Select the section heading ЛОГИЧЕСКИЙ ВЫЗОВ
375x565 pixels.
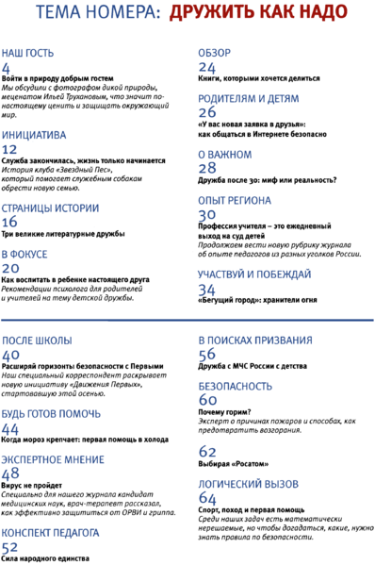245,481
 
